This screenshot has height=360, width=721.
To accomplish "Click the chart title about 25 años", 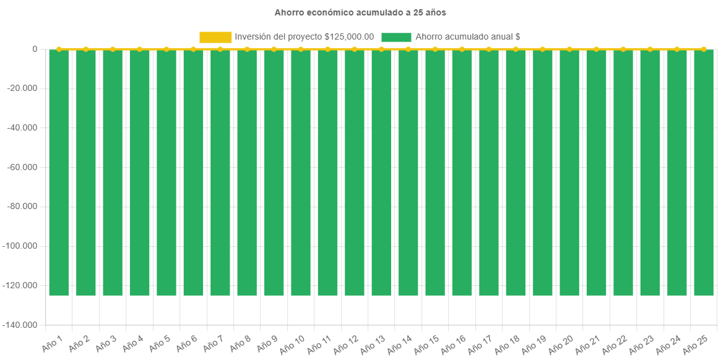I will pyautogui.click(x=360, y=12).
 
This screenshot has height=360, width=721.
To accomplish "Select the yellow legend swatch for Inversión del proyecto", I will pyautogui.click(x=215, y=37).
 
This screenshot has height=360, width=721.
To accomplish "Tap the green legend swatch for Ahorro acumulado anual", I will pyautogui.click(x=396, y=37).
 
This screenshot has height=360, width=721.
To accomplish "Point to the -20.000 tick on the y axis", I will pyautogui.click(x=22, y=88).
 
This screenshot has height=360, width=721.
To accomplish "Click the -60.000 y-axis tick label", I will pyautogui.click(x=22, y=167).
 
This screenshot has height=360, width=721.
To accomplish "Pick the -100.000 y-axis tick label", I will pyautogui.click(x=20, y=246).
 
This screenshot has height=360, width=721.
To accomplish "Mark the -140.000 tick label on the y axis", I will pyautogui.click(x=20, y=325).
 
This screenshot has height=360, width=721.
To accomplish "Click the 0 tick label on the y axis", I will pyautogui.click(x=35, y=49).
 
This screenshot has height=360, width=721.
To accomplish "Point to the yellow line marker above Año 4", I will pyautogui.click(x=139, y=49).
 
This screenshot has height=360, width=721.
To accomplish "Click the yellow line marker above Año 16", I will pyautogui.click(x=462, y=49).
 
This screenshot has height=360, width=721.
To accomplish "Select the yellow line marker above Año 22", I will pyautogui.click(x=623, y=49).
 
